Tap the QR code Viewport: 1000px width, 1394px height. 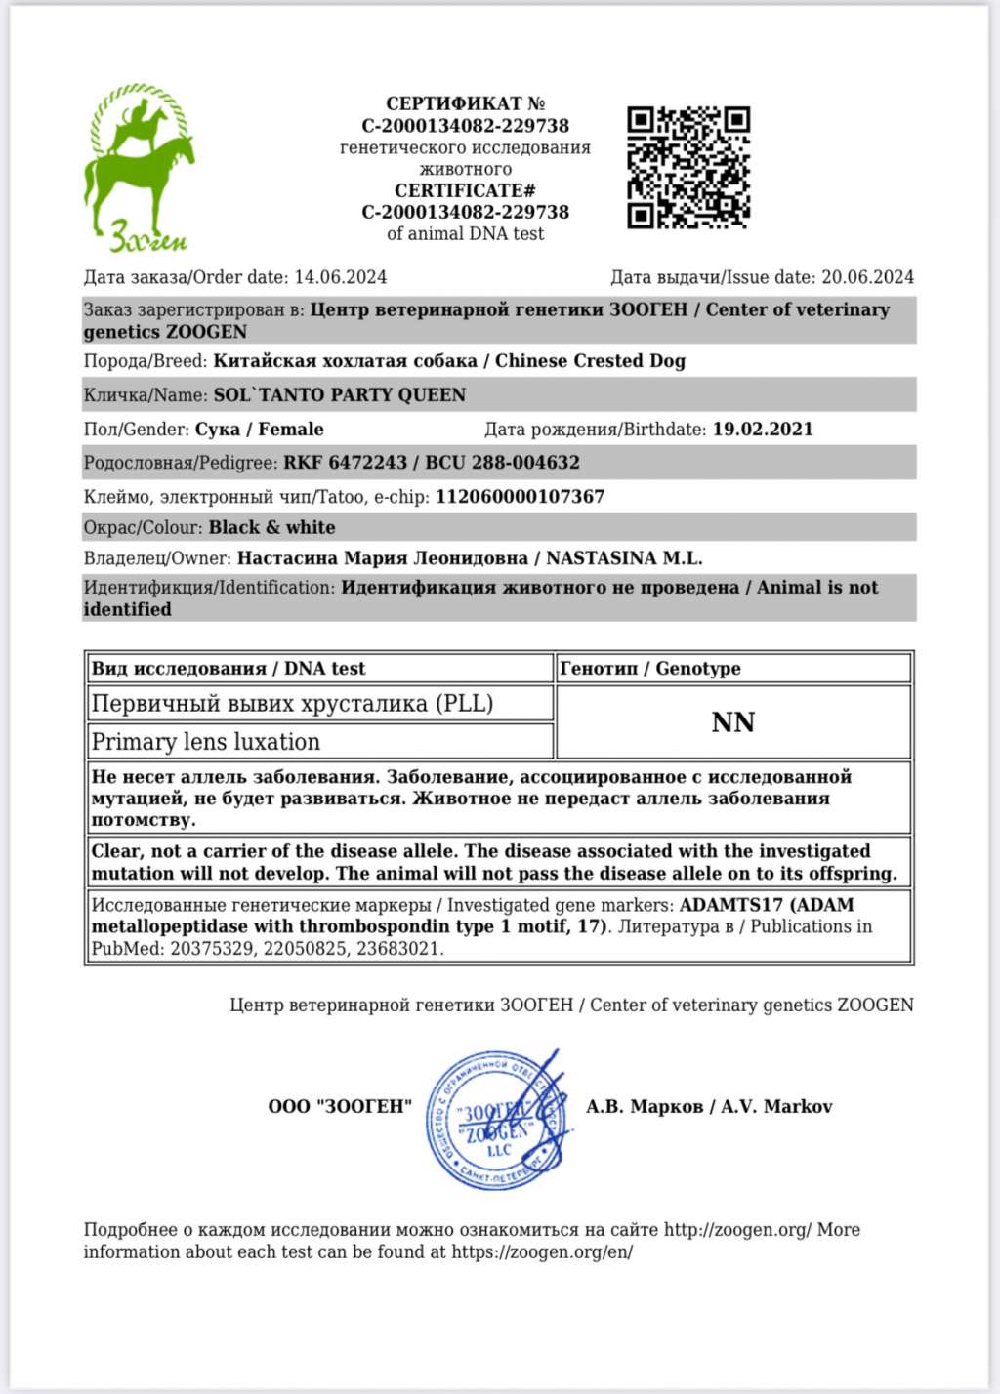click(x=687, y=168)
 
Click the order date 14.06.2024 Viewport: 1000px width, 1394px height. click(x=340, y=277)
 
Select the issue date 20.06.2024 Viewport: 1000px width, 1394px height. click(x=867, y=277)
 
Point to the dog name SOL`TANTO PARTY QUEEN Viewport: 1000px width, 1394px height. click(x=340, y=395)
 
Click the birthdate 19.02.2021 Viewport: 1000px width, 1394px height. click(x=763, y=430)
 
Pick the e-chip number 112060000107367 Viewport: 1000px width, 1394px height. click(x=520, y=497)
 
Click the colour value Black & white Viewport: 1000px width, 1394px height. click(x=271, y=528)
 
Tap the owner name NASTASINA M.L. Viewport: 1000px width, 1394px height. click(x=624, y=558)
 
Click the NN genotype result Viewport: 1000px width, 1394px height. click(x=733, y=722)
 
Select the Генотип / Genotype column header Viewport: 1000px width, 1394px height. click(x=649, y=669)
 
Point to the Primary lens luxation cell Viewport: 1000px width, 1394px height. click(x=206, y=742)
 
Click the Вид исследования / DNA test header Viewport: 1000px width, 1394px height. click(x=229, y=669)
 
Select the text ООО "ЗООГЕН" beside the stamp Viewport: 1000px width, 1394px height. click(x=340, y=1107)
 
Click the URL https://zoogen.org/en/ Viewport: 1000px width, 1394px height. click(x=542, y=1252)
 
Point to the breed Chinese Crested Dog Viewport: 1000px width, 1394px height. click(x=590, y=361)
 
